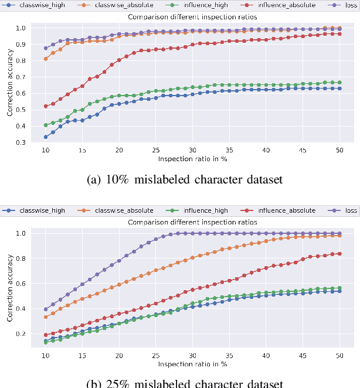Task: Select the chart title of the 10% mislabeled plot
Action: (x=192, y=17)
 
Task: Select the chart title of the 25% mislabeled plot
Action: (x=192, y=222)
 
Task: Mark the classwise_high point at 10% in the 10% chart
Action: (x=46, y=137)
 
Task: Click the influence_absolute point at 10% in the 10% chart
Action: (x=46, y=107)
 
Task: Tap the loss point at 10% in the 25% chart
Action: (x=46, y=309)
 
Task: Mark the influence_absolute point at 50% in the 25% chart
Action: (x=339, y=254)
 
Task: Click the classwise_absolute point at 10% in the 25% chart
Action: (x=46, y=317)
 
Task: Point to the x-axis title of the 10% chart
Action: (x=192, y=159)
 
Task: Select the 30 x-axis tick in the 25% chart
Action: (x=192, y=356)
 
